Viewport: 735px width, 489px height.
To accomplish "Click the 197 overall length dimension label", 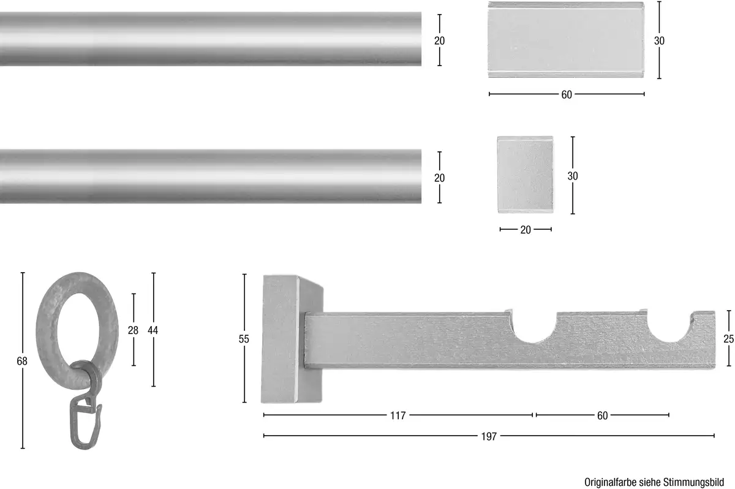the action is point(489,436).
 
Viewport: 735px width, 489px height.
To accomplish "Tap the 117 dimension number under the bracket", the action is point(398,415).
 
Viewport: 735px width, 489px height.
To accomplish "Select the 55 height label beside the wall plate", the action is point(244,339).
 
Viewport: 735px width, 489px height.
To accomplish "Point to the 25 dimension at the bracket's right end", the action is point(728,339).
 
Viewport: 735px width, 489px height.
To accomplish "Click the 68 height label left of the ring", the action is point(22,361).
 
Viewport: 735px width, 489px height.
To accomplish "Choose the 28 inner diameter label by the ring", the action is point(133,330).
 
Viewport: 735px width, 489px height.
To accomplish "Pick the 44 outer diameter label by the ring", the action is point(153,330).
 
